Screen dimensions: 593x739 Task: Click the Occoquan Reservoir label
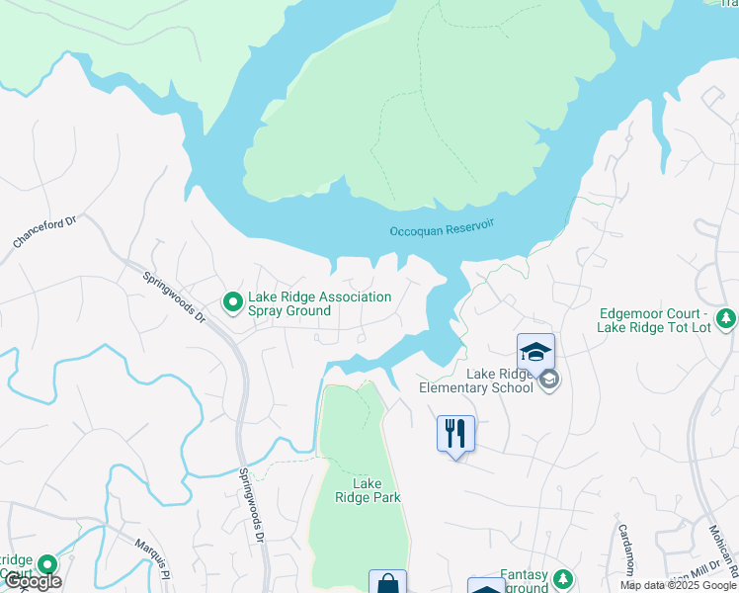[x=441, y=231]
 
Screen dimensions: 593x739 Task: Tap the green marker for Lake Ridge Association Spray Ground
[x=232, y=301]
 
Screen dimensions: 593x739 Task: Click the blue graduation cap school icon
[x=535, y=352]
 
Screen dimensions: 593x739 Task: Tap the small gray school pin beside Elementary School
[x=550, y=380]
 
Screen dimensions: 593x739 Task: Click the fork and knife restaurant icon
[x=455, y=433]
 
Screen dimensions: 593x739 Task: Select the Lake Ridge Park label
[x=367, y=490]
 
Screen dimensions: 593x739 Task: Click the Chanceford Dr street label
[x=43, y=233]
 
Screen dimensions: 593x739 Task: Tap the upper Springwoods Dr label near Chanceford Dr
[x=174, y=298]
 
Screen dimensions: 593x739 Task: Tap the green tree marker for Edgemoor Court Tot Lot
[x=726, y=318]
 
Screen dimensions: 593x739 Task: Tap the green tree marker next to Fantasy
[x=563, y=577]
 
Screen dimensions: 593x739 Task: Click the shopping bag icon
[x=387, y=583]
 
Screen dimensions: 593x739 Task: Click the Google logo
[x=32, y=582]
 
